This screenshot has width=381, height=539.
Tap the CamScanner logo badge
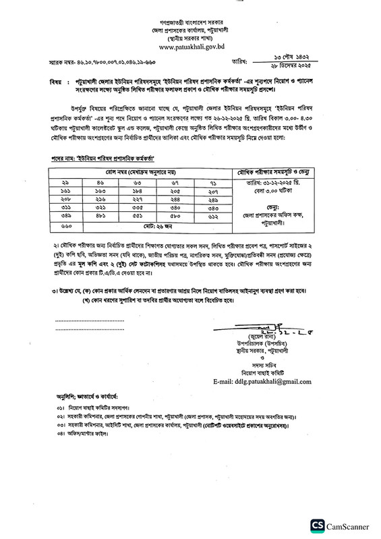pyautogui.click(x=341, y=526)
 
